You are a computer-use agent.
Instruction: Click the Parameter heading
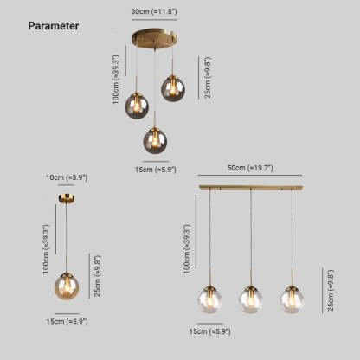point(54,26)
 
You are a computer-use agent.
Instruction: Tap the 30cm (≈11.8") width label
point(154,11)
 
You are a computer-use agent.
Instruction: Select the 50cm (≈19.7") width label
point(250,168)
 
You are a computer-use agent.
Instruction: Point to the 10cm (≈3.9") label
point(67,177)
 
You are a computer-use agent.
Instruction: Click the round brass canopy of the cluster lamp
point(154,38)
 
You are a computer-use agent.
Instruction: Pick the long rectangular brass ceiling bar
point(251,188)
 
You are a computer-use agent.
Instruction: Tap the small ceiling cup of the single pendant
point(67,198)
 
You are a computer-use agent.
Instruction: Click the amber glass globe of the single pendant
point(67,286)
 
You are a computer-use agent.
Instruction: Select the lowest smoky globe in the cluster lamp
point(155,141)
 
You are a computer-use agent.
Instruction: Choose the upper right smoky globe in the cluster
point(173,88)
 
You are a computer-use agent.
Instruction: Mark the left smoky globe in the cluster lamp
point(137,106)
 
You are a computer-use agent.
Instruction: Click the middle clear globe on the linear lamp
point(251,299)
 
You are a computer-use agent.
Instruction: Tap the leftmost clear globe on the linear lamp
point(209,299)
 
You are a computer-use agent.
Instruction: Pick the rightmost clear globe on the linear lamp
point(292,299)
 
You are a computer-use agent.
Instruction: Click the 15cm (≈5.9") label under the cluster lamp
point(156,170)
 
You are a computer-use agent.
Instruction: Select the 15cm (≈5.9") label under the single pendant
point(67,321)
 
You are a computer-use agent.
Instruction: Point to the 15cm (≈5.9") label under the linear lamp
point(210,331)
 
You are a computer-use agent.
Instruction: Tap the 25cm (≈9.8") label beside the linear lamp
point(331,291)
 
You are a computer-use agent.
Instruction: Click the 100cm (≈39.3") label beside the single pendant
point(46,249)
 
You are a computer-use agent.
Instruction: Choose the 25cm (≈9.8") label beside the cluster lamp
point(208,77)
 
